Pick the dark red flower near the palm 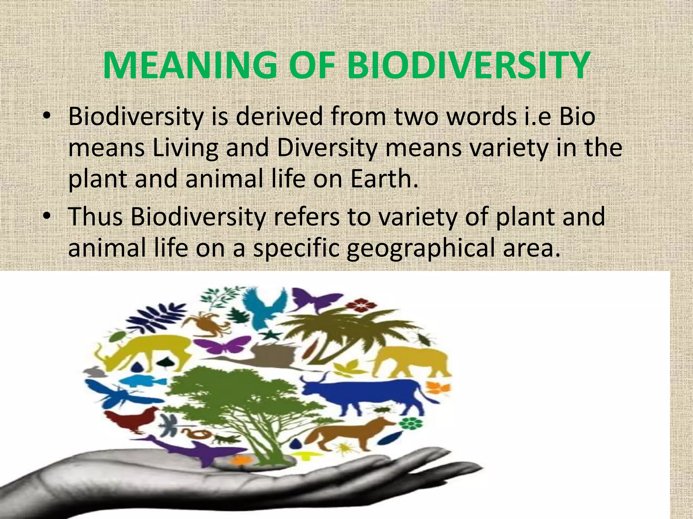pyautogui.click(x=362, y=305)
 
